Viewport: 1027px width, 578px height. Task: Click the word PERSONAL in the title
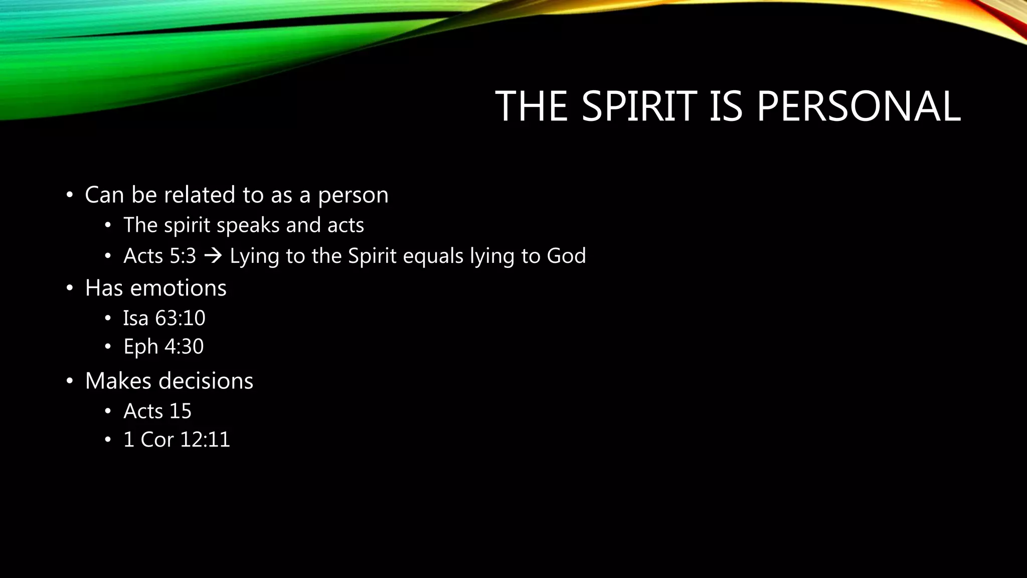858,106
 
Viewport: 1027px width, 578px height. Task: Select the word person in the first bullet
353,195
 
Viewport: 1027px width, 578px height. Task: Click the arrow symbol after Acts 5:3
213,256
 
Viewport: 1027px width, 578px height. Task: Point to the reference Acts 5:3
159,256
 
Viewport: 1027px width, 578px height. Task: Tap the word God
566,256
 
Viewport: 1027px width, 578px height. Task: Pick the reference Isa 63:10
164,318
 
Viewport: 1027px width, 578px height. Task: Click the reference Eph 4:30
163,347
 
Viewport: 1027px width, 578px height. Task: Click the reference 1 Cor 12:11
177,440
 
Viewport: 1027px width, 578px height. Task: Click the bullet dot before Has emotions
70,288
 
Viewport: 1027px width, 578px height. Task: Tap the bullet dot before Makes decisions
70,381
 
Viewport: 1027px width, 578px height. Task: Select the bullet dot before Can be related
70,195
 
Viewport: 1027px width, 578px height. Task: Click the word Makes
118,381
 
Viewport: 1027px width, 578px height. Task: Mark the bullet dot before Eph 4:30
107,347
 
